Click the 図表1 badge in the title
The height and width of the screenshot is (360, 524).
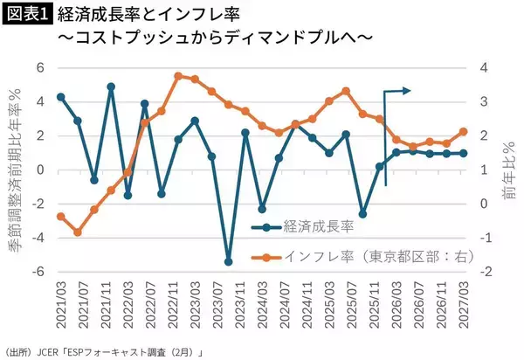28,15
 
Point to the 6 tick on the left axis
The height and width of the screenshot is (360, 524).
40,68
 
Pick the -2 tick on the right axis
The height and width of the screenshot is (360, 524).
485,272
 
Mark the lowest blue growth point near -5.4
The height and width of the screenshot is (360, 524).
229,261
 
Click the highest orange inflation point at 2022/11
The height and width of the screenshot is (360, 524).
178,76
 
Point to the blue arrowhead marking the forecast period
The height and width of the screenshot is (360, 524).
408,90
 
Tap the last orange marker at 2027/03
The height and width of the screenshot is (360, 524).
463,132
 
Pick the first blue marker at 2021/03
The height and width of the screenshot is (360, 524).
60,97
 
